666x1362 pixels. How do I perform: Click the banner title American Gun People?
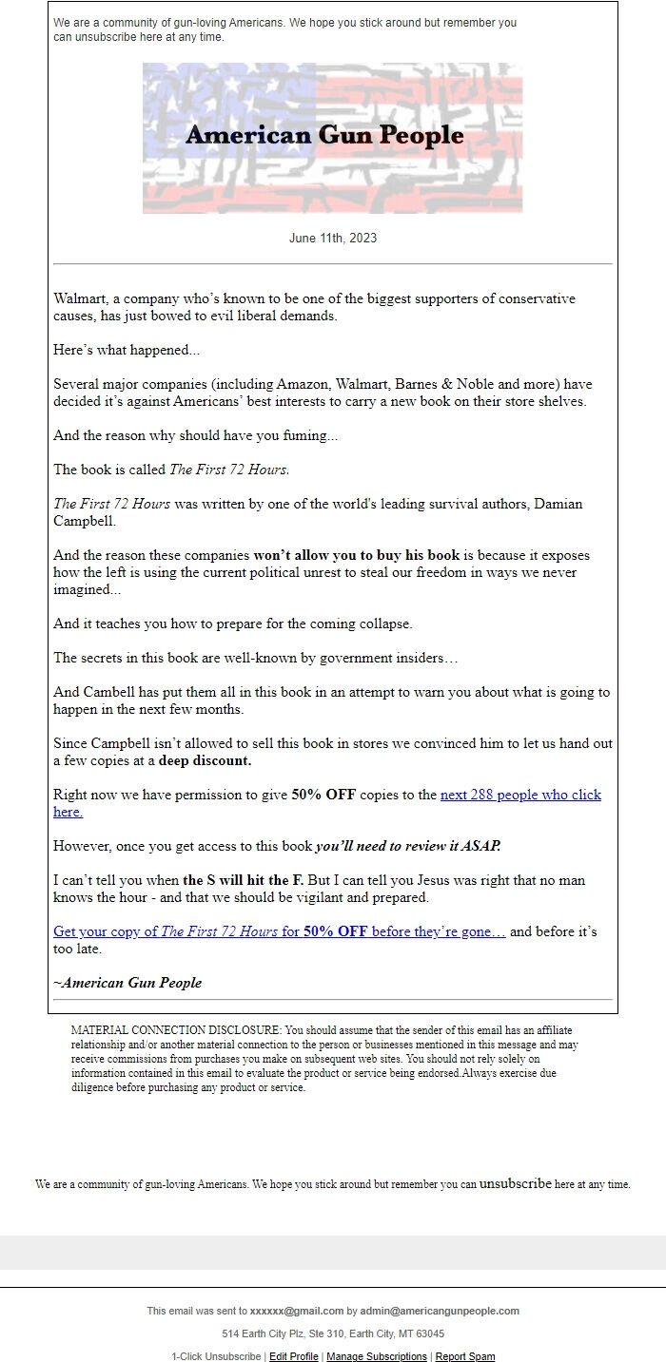[324, 135]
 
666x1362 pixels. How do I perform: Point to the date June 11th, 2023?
[332, 238]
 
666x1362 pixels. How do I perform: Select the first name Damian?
[560, 504]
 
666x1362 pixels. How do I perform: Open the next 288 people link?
[520, 795]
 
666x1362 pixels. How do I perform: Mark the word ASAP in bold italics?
[483, 846]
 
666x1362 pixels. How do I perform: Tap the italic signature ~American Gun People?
[127, 983]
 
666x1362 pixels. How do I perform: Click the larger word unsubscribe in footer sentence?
[515, 1184]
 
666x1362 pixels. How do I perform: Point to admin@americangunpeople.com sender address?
[440, 1311]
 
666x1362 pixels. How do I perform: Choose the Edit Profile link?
[293, 1356]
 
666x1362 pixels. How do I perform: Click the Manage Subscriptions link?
[377, 1356]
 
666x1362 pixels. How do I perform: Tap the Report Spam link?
[465, 1356]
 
